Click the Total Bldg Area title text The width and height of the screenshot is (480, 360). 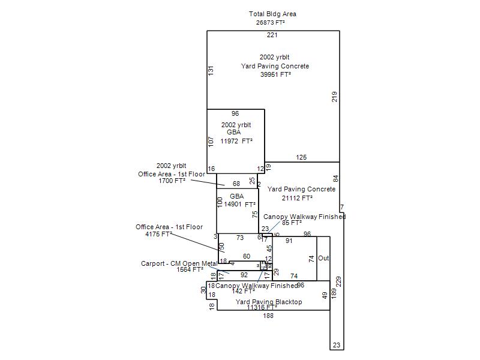tap(272, 14)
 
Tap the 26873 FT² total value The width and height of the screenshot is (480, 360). tap(270, 23)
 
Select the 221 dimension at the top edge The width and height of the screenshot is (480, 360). tap(272, 35)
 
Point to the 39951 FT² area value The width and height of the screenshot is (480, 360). tap(275, 75)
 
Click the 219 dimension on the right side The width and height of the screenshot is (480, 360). tap(335, 96)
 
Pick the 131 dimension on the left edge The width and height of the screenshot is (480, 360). tap(211, 70)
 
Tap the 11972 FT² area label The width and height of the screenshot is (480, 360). tap(236, 142)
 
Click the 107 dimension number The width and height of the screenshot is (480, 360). tap(211, 142)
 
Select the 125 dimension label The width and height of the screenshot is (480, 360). tap(301, 157)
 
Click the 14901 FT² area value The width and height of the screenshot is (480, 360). tap(239, 205)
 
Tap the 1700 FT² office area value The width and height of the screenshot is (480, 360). tap(172, 180)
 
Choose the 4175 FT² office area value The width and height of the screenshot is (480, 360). tap(158, 235)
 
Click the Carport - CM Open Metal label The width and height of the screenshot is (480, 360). tap(179, 263)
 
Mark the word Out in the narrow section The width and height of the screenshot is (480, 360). tap(323, 259)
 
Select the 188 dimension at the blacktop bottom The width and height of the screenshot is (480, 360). tap(268, 316)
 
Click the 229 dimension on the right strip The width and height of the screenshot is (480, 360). tap(339, 281)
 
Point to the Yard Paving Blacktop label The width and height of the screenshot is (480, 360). tap(269, 302)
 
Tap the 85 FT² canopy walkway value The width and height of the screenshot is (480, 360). tap(292, 223)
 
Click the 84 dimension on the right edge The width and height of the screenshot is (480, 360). tap(335, 178)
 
